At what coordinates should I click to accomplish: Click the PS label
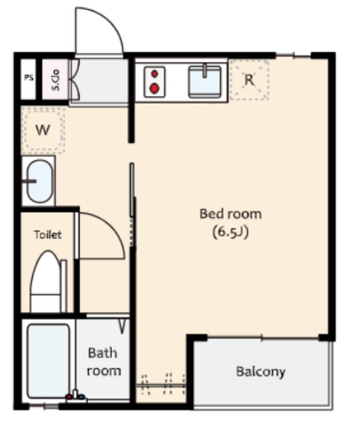coord(29,77)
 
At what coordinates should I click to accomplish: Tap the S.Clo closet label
coord(55,80)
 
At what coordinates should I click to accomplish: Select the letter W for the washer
coord(42,130)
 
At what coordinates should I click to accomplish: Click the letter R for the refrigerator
coord(249,80)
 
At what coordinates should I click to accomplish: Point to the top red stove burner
coord(154,74)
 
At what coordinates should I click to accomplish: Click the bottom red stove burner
coord(154,89)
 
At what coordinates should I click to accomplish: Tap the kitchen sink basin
coord(205,82)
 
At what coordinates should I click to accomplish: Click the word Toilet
coord(48,235)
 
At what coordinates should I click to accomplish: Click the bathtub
coord(49,361)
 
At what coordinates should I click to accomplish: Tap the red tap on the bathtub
coord(68,397)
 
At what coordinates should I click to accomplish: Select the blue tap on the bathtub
coord(81,397)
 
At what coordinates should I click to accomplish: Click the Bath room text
coord(104,362)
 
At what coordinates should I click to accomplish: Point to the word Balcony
coord(261,371)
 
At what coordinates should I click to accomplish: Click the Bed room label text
coord(231,214)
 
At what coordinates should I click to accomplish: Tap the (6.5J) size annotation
coord(230,232)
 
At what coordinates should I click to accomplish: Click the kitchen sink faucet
coord(205,71)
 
